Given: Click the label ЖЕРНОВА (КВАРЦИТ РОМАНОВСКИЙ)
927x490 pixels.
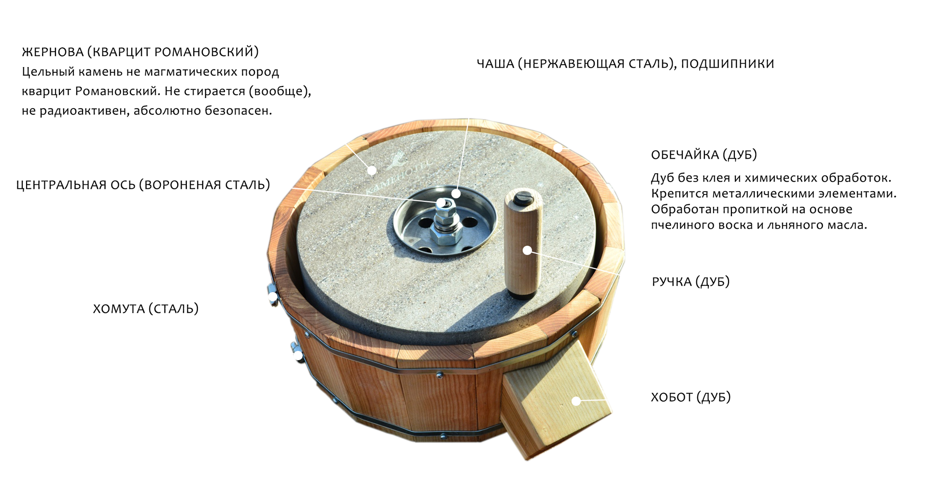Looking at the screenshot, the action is (x=140, y=52).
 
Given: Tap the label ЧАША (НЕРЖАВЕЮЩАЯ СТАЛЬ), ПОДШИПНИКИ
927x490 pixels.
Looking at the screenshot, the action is (x=625, y=64).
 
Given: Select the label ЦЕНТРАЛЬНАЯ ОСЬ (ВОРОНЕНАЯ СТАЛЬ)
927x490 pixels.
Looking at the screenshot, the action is (x=143, y=185).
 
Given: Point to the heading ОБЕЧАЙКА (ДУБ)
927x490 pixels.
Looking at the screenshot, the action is (x=704, y=155).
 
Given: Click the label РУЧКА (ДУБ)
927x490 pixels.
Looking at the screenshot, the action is (x=690, y=282).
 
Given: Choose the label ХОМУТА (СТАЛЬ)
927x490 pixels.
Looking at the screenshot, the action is (x=146, y=309).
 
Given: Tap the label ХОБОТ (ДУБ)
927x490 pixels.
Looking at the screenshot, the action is (x=691, y=397).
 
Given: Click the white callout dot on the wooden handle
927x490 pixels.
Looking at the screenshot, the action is (x=527, y=250).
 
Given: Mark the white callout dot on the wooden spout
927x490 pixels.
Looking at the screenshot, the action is (x=576, y=401).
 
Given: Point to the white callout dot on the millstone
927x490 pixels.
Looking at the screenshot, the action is (x=372, y=170).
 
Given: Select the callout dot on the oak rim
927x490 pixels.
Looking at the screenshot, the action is (x=558, y=148).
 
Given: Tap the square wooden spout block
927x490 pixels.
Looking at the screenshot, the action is (x=555, y=398).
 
